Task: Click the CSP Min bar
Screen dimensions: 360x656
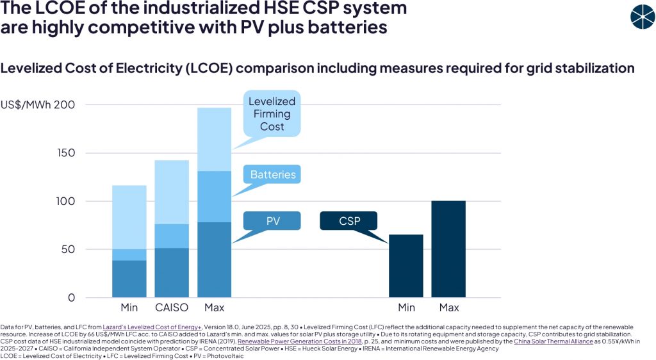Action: [406, 266]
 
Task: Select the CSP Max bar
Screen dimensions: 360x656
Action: [448, 249]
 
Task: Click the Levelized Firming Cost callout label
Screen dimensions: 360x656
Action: [272, 114]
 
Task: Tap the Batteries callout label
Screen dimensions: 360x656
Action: [273, 174]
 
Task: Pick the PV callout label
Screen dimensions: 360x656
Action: [273, 221]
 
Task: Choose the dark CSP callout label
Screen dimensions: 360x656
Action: [349, 221]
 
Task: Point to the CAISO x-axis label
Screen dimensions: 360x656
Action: [171, 308]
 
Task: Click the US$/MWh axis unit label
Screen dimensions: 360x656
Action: [28, 105]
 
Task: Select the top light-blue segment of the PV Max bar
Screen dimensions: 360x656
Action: [214, 139]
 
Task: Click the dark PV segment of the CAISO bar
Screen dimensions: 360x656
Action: [171, 272]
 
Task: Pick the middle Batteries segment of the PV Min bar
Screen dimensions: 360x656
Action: [129, 254]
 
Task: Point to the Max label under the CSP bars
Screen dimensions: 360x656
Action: [448, 308]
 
